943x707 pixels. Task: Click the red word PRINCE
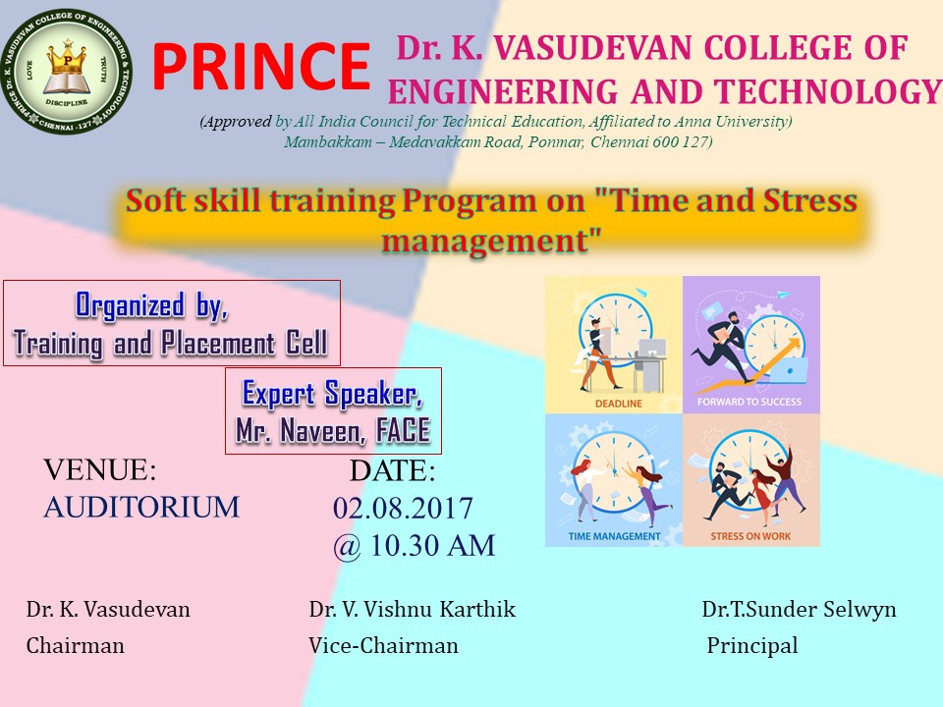tap(261, 66)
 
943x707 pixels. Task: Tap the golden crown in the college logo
tap(68, 59)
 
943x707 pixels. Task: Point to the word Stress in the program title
tap(809, 200)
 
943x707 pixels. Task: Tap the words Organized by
tap(151, 305)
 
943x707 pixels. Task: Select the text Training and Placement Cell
tap(171, 344)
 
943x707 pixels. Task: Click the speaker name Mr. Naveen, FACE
tap(333, 430)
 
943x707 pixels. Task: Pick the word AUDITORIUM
tap(141, 507)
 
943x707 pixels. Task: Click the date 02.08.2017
tap(403, 508)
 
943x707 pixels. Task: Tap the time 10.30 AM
tap(433, 546)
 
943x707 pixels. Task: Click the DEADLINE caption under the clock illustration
tap(619, 404)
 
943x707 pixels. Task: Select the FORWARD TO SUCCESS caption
tap(749, 402)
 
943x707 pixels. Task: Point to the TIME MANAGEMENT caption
tap(614, 536)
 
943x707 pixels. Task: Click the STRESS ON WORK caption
tap(750, 536)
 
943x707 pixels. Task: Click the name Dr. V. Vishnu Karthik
tap(413, 609)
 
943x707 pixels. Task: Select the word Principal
tap(752, 645)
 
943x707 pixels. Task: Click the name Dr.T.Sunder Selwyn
tap(800, 609)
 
